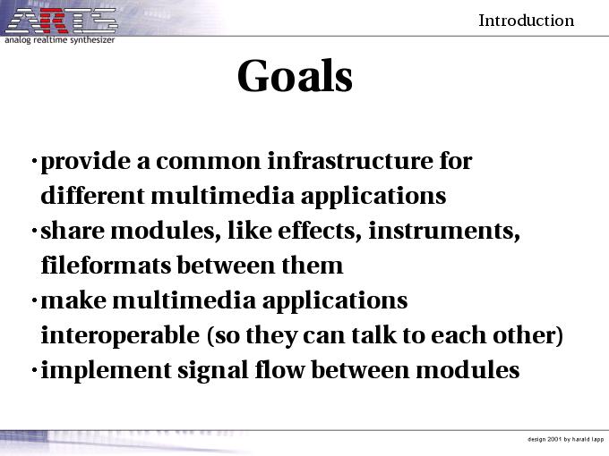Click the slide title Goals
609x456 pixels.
point(295,75)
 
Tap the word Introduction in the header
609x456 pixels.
point(527,21)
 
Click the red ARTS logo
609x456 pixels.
point(62,21)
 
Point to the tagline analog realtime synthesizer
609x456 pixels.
point(59,40)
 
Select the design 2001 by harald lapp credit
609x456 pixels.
point(565,439)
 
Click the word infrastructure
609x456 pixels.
point(350,161)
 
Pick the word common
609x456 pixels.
point(208,162)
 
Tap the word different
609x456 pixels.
point(92,195)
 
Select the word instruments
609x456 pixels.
point(444,231)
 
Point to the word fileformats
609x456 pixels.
point(106,266)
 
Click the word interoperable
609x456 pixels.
point(120,336)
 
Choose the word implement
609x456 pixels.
point(106,371)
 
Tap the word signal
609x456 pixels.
point(213,371)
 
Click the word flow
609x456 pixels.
point(279,370)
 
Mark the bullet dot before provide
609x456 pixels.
point(35,160)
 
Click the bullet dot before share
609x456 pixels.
point(35,231)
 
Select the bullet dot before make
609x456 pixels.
point(35,300)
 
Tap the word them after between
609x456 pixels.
point(313,266)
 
